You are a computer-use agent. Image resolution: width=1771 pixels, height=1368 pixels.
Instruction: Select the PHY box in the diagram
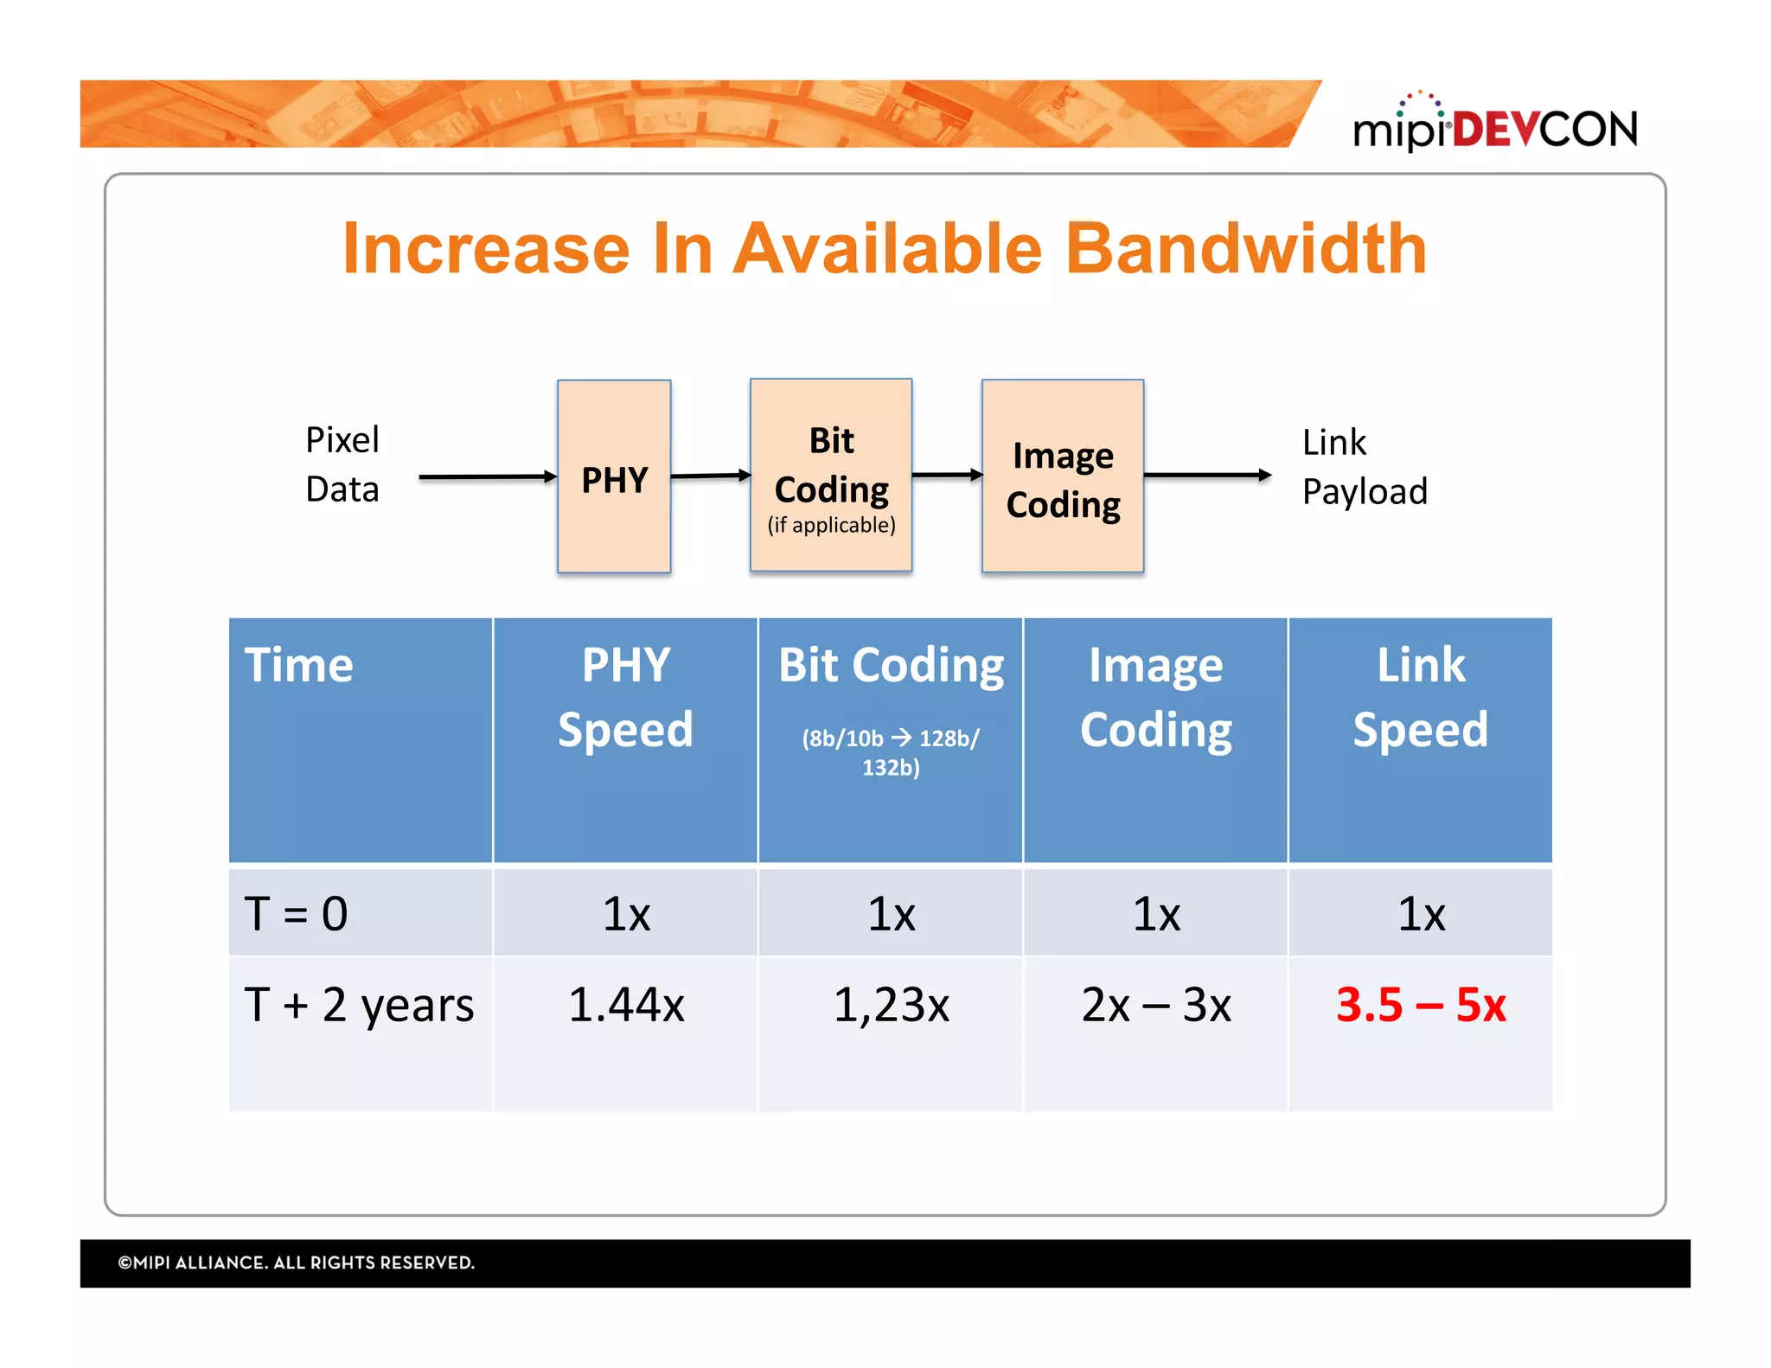pos(614,476)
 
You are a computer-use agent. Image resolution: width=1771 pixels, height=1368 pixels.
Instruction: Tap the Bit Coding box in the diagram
pos(831,475)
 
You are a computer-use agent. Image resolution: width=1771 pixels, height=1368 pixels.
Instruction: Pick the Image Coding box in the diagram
pos(1063,476)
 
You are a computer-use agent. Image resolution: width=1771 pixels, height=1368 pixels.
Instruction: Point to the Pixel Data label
pos(342,464)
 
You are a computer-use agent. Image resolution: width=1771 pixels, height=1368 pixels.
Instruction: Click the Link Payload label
pos(1364,467)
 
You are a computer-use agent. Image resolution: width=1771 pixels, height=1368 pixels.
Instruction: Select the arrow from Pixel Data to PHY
pos(487,476)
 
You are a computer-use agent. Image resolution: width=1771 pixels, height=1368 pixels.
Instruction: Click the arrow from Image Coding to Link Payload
pos(1206,475)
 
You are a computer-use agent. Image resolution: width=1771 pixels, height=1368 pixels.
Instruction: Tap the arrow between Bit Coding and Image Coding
pos(947,474)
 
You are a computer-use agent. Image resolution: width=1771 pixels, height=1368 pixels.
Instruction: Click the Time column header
pos(299,665)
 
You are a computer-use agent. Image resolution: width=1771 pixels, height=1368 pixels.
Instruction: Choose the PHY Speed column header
pos(625,697)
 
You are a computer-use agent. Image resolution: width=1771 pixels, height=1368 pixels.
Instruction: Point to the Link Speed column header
pos(1420,697)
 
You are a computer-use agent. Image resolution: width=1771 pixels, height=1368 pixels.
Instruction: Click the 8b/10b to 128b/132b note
pos(891,752)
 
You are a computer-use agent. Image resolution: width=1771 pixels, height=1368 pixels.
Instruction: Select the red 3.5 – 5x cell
pos(1420,1005)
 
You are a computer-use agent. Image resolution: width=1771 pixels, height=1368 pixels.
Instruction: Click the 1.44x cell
pos(626,1005)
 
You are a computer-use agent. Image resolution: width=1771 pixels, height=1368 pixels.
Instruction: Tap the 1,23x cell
pos(891,1005)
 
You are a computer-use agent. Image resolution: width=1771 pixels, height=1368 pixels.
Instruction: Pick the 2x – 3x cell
pos(1155,1005)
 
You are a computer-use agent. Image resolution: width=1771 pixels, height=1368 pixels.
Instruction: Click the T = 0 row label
pos(296,913)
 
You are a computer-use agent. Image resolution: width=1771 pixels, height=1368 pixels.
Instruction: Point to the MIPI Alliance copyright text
pos(297,1263)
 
